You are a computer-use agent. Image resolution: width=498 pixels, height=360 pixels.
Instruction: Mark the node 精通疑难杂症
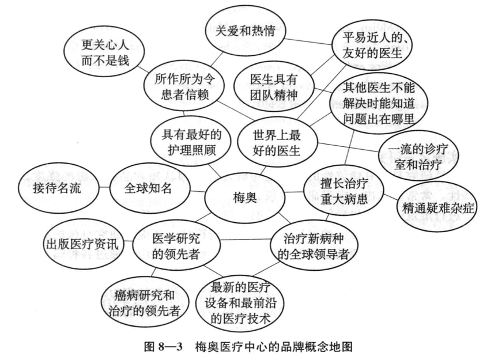coord(436,208)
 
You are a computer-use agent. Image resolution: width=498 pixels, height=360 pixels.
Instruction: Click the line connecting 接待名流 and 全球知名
coord(103,188)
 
